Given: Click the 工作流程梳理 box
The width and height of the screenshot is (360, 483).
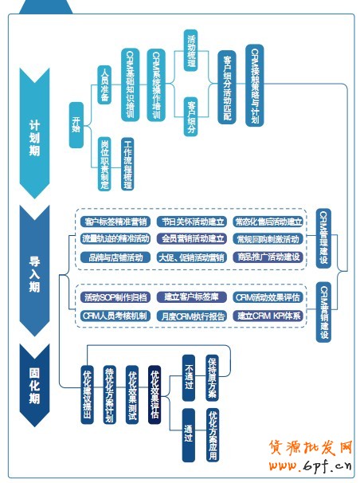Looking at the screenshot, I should pos(127,163).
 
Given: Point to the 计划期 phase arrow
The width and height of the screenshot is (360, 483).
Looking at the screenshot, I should pos(35,132).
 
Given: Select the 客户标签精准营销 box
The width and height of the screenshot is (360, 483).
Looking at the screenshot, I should pos(115,222).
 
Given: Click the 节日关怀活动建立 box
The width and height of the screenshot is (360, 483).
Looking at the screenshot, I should pos(192,222).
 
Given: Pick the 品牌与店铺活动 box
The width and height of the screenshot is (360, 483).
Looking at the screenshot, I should pos(115,257).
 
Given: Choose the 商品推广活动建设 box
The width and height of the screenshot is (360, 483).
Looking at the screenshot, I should pos(268,257).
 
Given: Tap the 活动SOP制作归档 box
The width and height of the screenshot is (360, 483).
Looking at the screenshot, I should pos(115,297).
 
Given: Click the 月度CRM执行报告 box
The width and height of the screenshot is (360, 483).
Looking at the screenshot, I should pos(192,316).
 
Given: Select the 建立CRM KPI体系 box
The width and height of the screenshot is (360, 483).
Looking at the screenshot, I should pos(268,316).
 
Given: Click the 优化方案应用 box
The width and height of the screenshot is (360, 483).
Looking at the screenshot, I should pos(212,435).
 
